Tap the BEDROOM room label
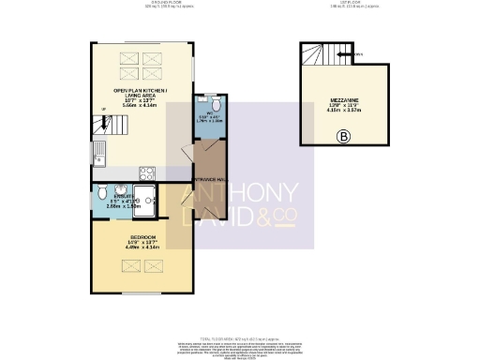(x=142, y=237)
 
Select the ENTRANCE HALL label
(x=207, y=178)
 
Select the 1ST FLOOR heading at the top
(x=338, y=4)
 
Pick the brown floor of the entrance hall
(x=207, y=159)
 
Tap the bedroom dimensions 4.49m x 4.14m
(x=142, y=247)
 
